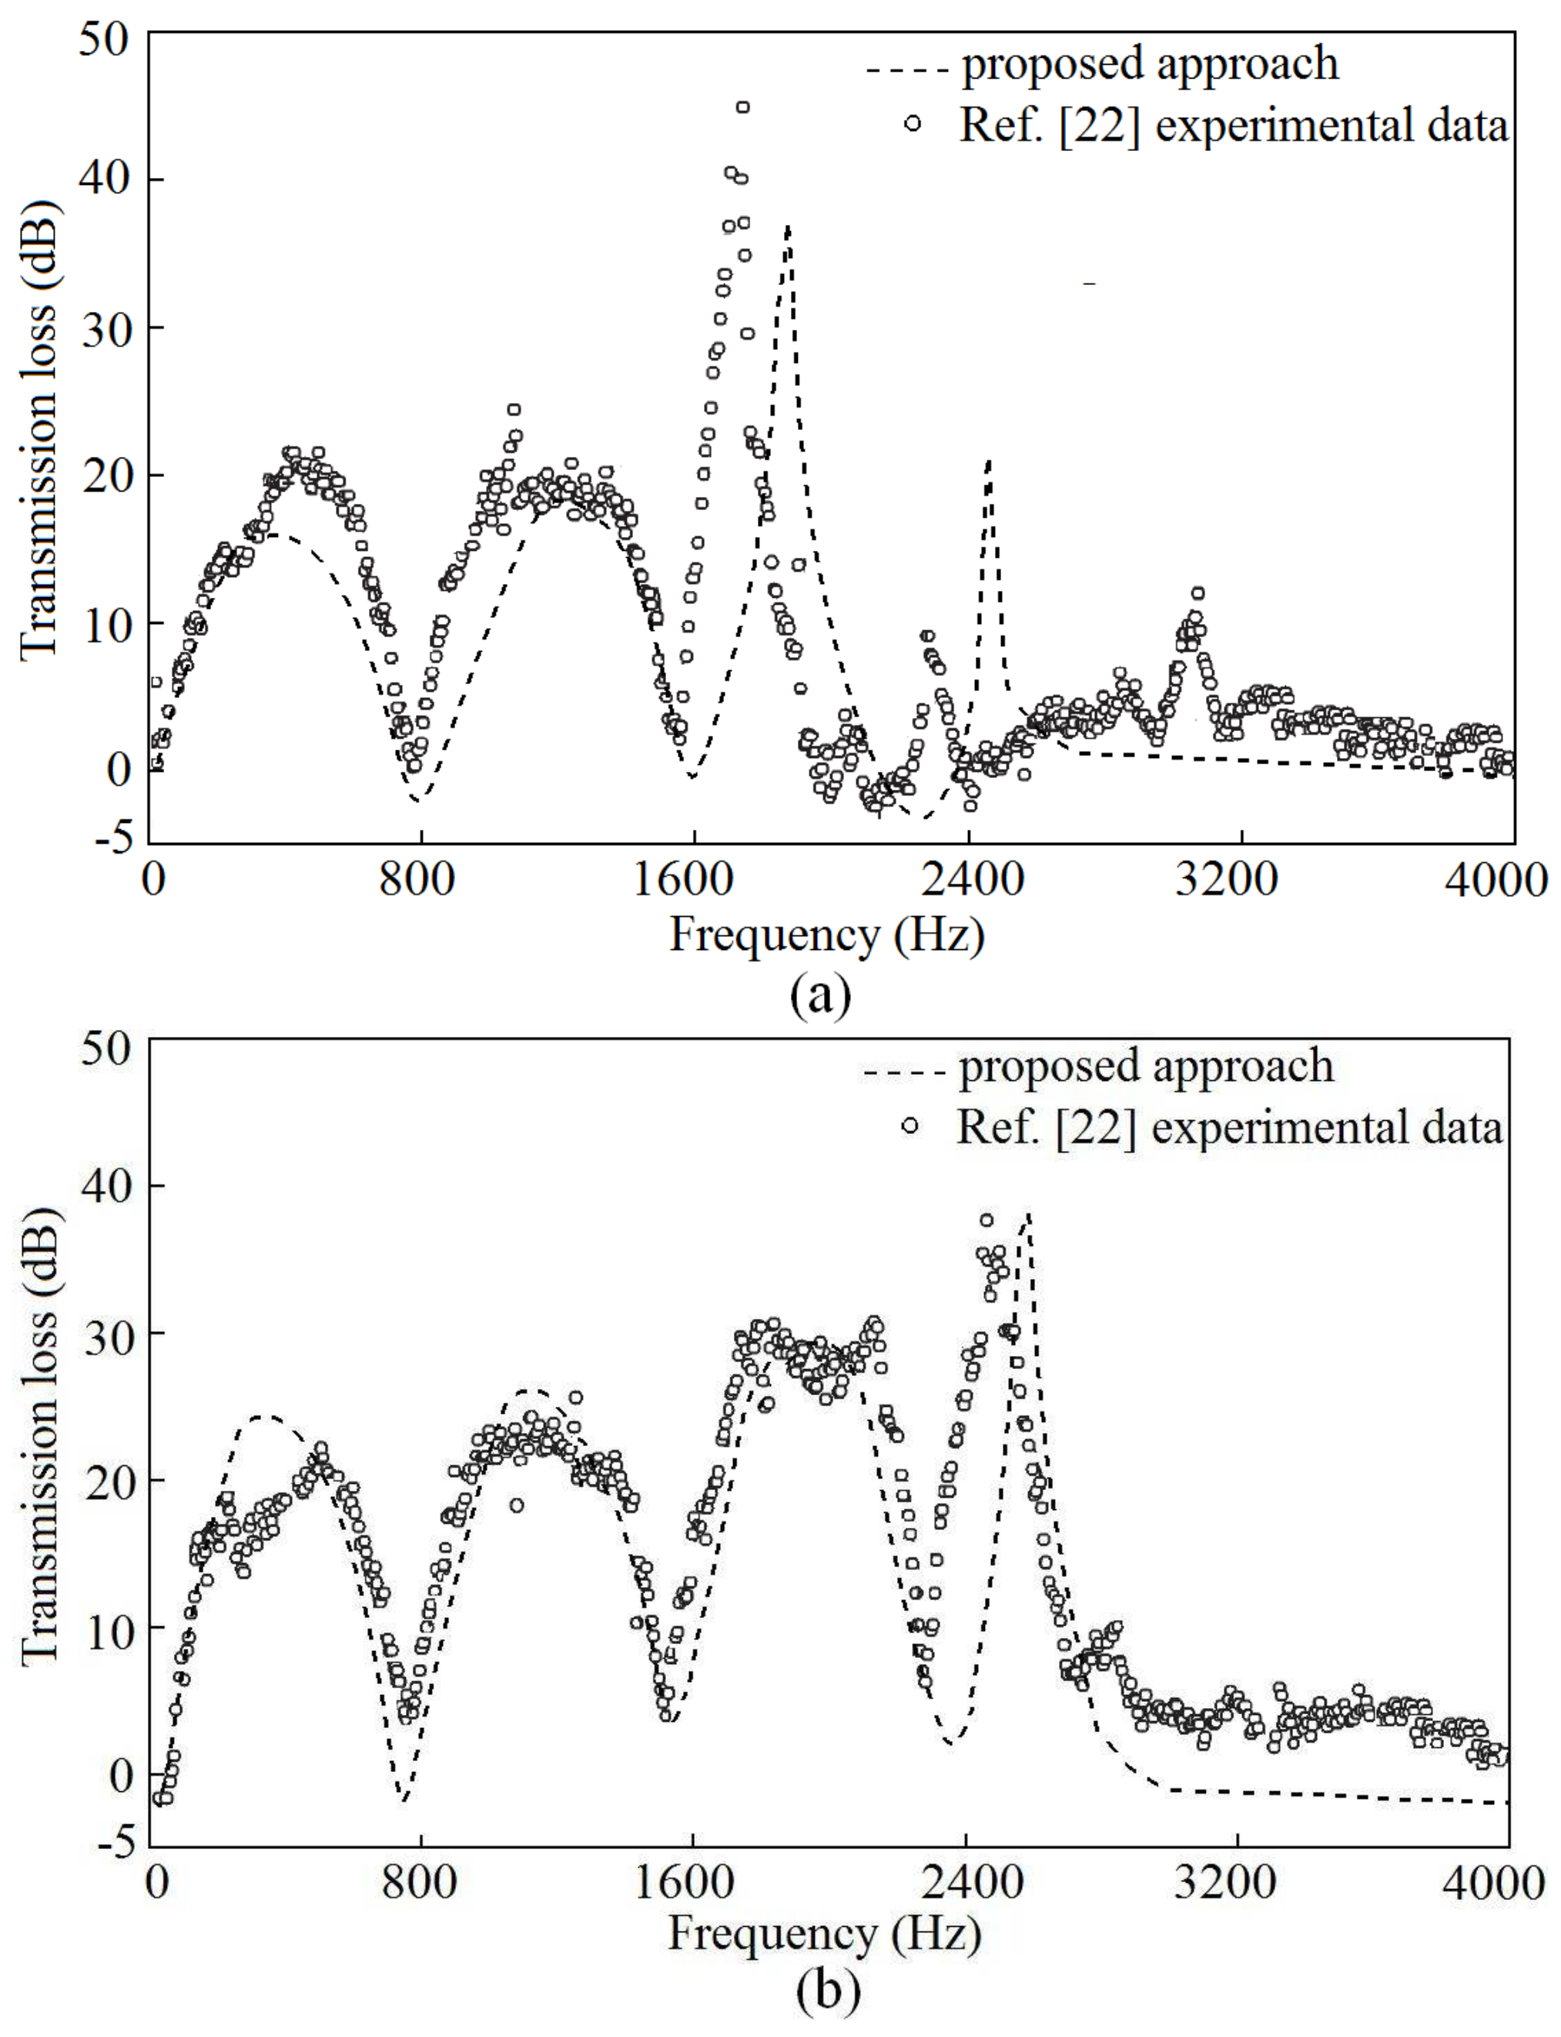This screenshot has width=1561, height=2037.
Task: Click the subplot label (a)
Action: (819, 995)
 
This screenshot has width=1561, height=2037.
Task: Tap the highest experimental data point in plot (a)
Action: (742, 108)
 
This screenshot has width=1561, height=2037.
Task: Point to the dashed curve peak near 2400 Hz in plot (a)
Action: (990, 461)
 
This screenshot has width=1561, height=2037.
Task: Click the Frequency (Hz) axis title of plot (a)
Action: (826, 935)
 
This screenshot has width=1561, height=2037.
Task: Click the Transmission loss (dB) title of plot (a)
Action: (39, 429)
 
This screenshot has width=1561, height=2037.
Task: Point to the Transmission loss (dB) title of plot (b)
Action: (39, 1437)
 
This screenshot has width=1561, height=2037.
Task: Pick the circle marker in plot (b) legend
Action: (909, 1126)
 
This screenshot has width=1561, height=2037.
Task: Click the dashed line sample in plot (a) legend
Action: (907, 69)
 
